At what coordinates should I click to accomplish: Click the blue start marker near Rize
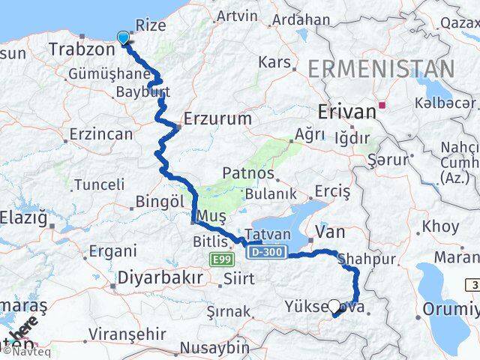[x=124, y=37]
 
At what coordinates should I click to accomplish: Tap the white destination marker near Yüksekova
[x=334, y=307]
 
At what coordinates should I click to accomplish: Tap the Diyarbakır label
[x=160, y=278]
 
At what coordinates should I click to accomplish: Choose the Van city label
[x=330, y=232]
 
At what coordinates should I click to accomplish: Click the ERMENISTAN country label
[x=382, y=69]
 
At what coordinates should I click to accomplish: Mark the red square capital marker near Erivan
[x=383, y=105]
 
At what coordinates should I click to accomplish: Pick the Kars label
[x=274, y=61]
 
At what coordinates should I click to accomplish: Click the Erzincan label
[x=100, y=134]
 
